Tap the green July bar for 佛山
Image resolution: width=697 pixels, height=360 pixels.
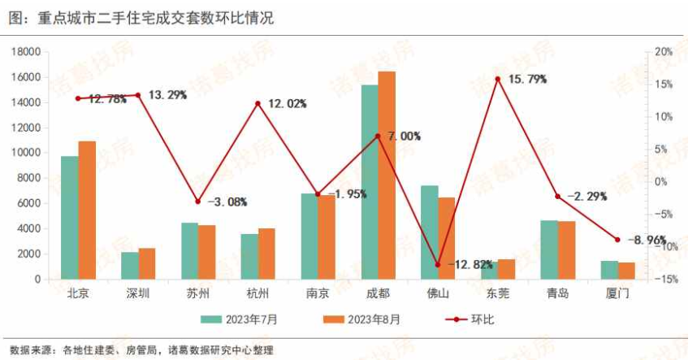(x=430, y=232)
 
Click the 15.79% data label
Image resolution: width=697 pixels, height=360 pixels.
(x=528, y=80)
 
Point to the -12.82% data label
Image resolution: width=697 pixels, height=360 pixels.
(x=470, y=264)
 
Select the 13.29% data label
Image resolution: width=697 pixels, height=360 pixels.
(x=167, y=95)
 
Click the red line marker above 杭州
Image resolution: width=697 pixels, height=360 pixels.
(x=258, y=103)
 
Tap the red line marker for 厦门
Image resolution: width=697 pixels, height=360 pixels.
(x=617, y=240)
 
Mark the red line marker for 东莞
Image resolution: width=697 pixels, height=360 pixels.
(x=498, y=79)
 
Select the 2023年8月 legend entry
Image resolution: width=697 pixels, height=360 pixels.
(x=360, y=319)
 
